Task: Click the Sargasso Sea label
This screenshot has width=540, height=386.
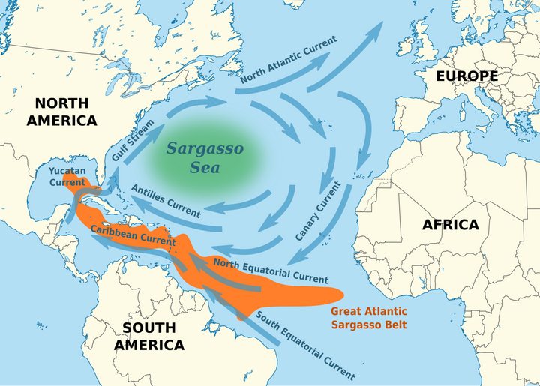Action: [204, 157]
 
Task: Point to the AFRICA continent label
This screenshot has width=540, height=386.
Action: [450, 224]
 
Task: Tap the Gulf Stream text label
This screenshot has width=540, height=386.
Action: [132, 141]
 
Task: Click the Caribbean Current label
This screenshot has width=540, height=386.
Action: [133, 235]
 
